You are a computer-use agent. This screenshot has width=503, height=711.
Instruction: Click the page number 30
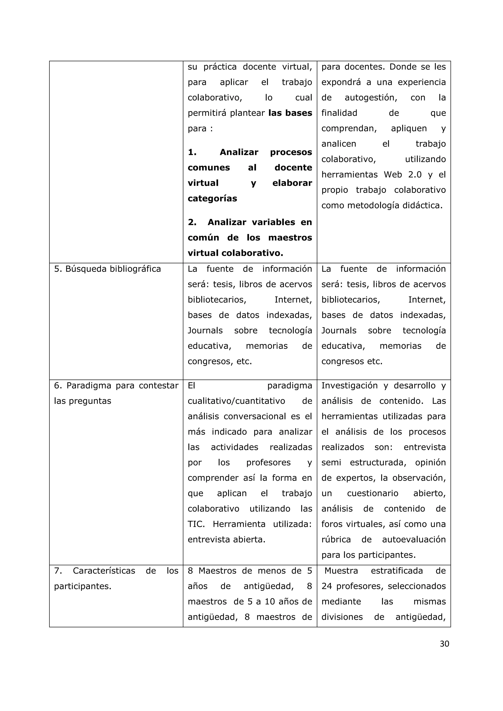(444, 644)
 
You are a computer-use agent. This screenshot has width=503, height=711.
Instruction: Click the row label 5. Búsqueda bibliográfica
(108, 269)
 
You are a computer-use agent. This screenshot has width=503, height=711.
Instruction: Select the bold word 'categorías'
(212, 199)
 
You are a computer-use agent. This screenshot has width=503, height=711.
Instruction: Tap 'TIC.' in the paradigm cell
(196, 524)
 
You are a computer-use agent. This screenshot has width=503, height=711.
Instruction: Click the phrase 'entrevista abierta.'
(226, 540)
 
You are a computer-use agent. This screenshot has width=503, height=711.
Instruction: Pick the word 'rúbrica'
(336, 540)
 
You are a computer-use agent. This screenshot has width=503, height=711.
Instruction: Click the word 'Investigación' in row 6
(349, 385)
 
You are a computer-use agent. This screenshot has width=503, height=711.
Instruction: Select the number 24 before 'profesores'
(326, 586)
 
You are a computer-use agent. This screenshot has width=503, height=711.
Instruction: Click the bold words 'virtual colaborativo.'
(235, 253)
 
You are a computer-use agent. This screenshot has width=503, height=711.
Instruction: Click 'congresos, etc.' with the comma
(220, 361)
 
